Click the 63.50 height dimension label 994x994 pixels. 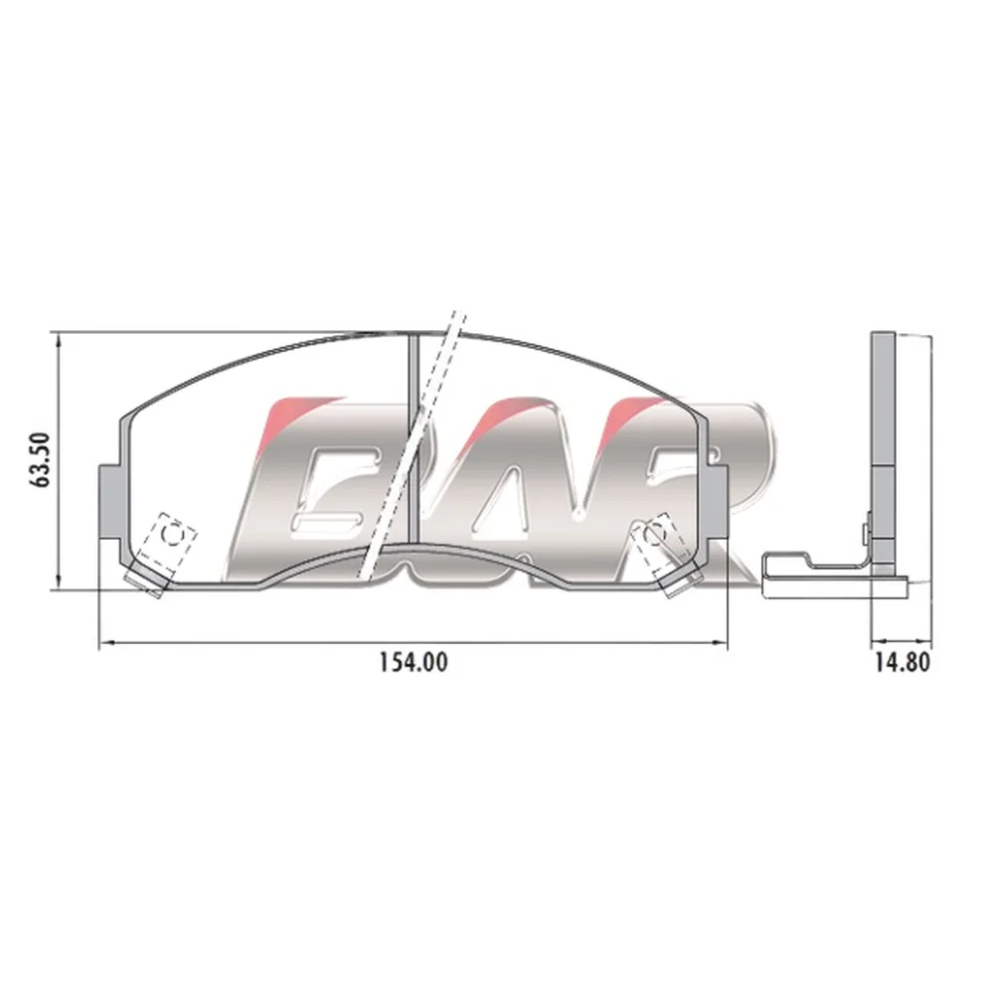tap(41, 459)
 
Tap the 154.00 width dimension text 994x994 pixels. tap(414, 662)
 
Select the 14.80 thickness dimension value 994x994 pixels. tap(903, 662)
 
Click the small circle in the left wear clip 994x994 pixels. tap(172, 534)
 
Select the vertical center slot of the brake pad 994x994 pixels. tap(414, 437)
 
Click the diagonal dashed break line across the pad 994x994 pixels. tap(413, 445)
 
